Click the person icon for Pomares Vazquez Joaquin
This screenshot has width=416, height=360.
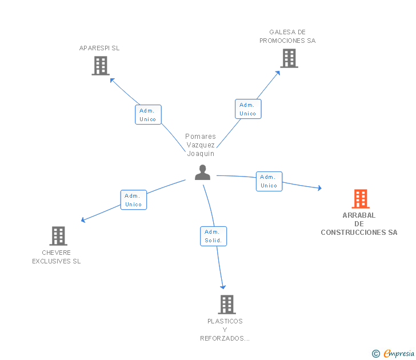click(x=202, y=172)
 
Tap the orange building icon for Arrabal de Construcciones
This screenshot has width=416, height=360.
click(x=360, y=198)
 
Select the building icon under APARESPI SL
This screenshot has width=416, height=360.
click(x=101, y=66)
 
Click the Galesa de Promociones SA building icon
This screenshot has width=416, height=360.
click(x=289, y=58)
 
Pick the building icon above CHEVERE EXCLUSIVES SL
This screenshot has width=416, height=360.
click(x=58, y=235)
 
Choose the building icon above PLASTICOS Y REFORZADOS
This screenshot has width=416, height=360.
click(x=226, y=304)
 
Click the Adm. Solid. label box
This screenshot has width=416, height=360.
click(x=214, y=236)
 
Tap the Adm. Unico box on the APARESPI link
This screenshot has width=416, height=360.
click(x=148, y=115)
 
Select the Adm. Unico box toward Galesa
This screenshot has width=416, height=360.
click(x=248, y=109)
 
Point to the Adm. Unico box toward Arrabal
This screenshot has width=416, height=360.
click(x=269, y=181)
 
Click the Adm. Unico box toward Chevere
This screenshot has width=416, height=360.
click(x=134, y=200)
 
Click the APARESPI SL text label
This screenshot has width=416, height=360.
click(x=99, y=49)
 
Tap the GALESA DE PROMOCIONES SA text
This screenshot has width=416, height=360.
click(x=287, y=37)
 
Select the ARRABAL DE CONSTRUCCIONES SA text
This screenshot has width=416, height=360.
click(x=359, y=224)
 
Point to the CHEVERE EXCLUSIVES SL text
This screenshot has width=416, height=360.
click(x=57, y=257)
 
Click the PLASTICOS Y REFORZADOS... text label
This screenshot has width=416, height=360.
click(x=225, y=330)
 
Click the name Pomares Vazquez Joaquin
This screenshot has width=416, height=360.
click(x=201, y=145)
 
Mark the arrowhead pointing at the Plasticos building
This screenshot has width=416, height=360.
click(x=223, y=287)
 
